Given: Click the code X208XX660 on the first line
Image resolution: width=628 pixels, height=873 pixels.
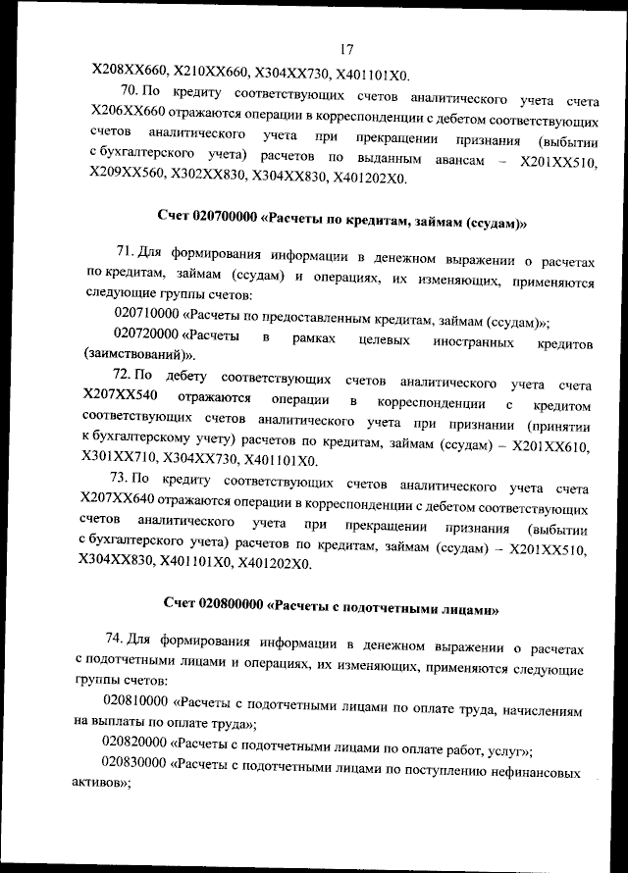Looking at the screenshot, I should [127, 74].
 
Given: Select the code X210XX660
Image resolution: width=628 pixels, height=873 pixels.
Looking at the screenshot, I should [208, 74].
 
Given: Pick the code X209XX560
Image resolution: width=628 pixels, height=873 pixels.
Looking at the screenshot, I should [127, 180].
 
